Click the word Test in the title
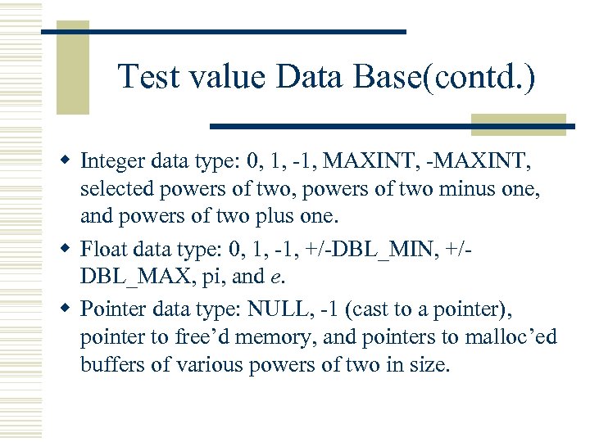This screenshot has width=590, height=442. point(151,78)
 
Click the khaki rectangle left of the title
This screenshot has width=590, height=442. point(72,70)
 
